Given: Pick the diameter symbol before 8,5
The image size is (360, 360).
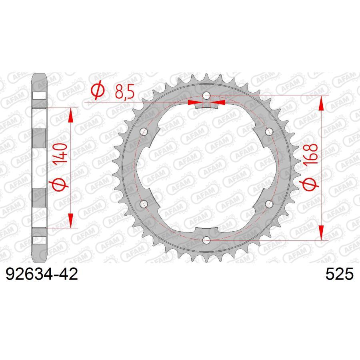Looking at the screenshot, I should click(97, 92).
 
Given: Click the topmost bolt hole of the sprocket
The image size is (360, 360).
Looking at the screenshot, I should click(206, 96).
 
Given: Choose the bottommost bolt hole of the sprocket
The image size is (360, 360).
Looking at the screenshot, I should click(206, 240).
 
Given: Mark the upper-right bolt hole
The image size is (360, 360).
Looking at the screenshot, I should click(268, 132).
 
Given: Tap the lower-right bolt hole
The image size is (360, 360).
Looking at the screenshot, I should click(268, 204).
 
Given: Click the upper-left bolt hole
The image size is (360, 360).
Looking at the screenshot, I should click(144, 132).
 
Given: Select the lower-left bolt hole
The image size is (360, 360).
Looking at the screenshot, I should click(144, 204).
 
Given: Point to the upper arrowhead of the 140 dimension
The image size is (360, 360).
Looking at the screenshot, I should click(71, 115).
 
